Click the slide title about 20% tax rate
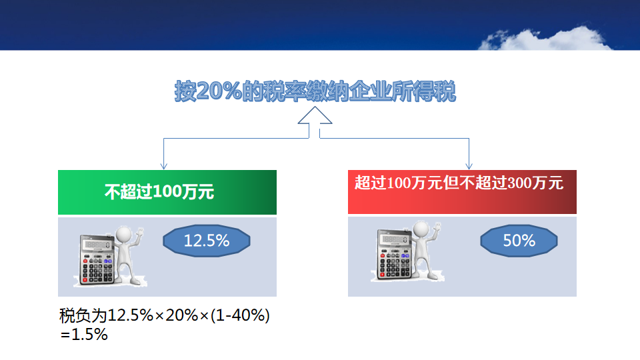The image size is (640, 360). click(315, 91)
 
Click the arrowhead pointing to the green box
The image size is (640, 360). click(164, 166)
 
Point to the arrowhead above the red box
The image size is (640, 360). click(469, 166)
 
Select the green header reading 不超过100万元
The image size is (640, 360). click(167, 192)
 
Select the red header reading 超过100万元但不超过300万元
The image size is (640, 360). click(462, 192)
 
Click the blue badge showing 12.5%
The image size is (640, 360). click(207, 241)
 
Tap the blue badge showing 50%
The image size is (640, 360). click(519, 241)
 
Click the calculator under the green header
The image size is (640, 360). click(96, 259)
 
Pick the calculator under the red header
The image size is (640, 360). click(393, 255)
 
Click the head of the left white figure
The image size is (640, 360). click(124, 235)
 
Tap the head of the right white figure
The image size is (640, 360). click(421, 230)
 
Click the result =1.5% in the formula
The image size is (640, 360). click(84, 335)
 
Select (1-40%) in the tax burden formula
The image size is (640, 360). click(241, 315)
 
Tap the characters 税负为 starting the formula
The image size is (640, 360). click(83, 315)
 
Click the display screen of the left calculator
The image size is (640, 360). click(96, 245)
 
